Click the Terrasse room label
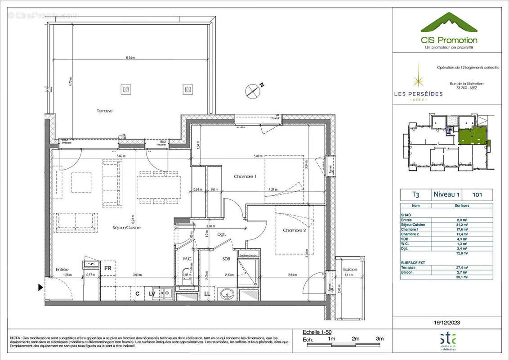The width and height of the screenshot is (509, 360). (104, 110)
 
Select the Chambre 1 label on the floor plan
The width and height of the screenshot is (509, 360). (245, 177)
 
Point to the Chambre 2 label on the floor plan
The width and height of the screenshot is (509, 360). (295, 230)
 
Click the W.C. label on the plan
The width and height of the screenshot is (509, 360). (187, 259)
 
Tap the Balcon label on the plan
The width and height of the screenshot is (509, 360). (350, 270)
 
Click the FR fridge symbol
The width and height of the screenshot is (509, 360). (108, 268)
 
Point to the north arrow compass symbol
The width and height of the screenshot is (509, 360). (253, 91)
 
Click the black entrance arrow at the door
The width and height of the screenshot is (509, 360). (41, 287)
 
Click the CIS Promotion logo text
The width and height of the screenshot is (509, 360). (449, 40)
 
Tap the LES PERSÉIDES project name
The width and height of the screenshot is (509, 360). (418, 94)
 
